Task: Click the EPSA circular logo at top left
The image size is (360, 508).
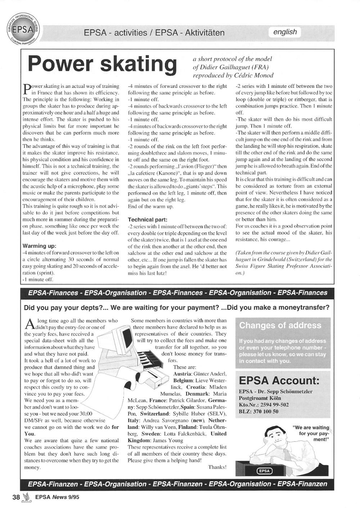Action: point(23,28)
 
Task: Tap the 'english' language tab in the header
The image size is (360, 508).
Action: point(285,32)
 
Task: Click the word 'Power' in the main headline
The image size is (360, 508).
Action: point(62,64)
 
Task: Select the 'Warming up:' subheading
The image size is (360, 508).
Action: point(39,246)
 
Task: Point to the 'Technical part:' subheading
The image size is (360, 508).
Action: point(148,219)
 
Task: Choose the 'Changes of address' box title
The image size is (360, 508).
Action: point(280,325)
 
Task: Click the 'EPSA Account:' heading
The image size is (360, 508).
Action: point(279,380)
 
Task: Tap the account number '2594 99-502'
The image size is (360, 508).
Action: point(274,405)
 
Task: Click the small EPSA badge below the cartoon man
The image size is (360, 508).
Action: point(264,471)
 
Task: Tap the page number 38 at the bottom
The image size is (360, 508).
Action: point(16,498)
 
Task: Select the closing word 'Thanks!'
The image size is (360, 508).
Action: point(217,467)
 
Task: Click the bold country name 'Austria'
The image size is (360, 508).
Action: point(183,374)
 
